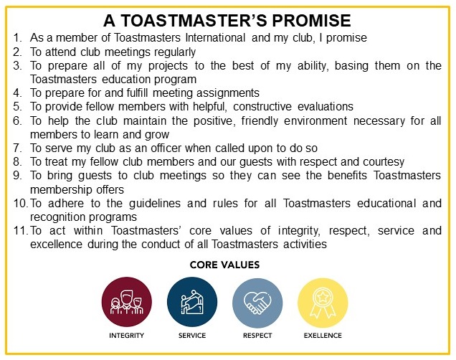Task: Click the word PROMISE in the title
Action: (x=311, y=20)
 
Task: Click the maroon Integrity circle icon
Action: (x=127, y=301)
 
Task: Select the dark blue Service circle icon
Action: (x=192, y=301)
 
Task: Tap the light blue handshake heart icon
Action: (x=257, y=303)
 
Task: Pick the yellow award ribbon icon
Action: (x=323, y=303)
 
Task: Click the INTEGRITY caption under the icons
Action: (x=126, y=336)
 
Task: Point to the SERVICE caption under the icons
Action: (x=192, y=336)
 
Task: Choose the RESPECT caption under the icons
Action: (x=257, y=336)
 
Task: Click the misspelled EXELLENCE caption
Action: (x=323, y=336)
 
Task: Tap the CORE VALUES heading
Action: (x=225, y=265)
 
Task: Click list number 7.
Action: (x=17, y=148)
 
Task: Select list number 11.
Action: (x=21, y=231)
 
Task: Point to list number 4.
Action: (x=17, y=93)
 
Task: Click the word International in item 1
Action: (x=216, y=38)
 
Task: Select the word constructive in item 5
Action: (x=262, y=107)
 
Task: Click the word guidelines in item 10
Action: (x=155, y=203)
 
